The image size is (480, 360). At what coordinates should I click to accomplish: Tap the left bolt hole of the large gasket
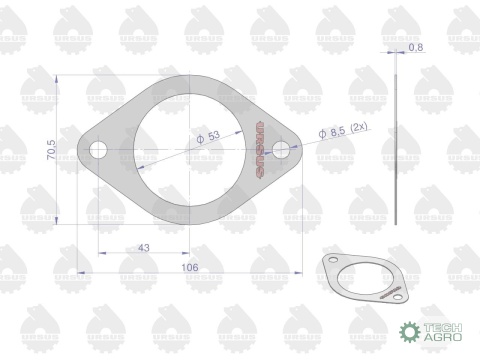pyautogui.click(x=99, y=150)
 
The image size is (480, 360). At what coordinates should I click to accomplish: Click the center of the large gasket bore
pyautogui.click(x=190, y=150)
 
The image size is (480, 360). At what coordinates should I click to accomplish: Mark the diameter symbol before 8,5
pyautogui.click(x=322, y=134)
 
